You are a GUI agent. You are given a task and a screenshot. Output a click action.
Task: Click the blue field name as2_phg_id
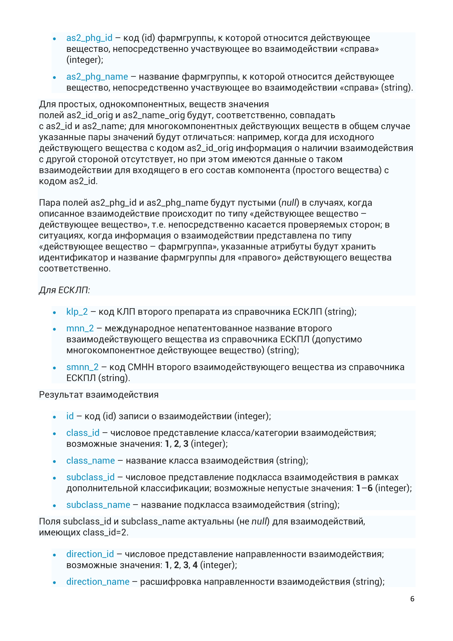(x=89, y=38)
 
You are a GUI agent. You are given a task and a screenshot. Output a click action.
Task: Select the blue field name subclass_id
(x=90, y=477)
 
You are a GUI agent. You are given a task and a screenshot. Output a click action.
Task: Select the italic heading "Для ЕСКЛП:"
(x=64, y=290)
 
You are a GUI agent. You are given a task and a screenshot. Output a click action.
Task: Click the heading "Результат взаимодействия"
(x=98, y=395)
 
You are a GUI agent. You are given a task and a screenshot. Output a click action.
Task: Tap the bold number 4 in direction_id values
(x=195, y=565)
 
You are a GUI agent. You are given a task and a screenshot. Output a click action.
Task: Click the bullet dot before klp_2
(x=54, y=313)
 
